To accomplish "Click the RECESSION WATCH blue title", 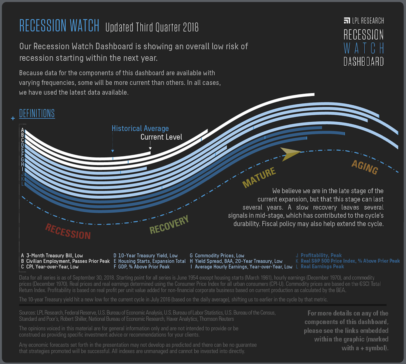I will tap(59, 26).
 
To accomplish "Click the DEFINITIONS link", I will tap(37, 113).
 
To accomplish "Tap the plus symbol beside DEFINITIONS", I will tap(13, 118).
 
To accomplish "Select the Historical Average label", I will tap(140, 128).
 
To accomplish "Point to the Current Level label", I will tap(161, 137).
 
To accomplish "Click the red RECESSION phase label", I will tap(68, 231).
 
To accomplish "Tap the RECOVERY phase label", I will tap(169, 225).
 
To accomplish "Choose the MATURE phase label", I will tap(259, 177).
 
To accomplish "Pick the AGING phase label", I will tap(364, 167).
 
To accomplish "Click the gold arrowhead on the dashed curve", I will tap(290, 153).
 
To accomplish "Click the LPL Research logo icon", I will tap(347, 21).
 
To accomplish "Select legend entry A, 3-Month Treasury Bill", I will tap(52, 256).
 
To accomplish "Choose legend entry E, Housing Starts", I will tap(149, 261).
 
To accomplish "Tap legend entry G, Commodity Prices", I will tap(217, 256).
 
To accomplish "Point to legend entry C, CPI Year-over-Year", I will tap(50, 267).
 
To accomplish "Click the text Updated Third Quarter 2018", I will tap(152, 28).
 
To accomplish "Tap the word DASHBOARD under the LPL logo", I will tap(364, 62).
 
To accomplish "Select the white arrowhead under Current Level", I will tap(150, 148).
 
